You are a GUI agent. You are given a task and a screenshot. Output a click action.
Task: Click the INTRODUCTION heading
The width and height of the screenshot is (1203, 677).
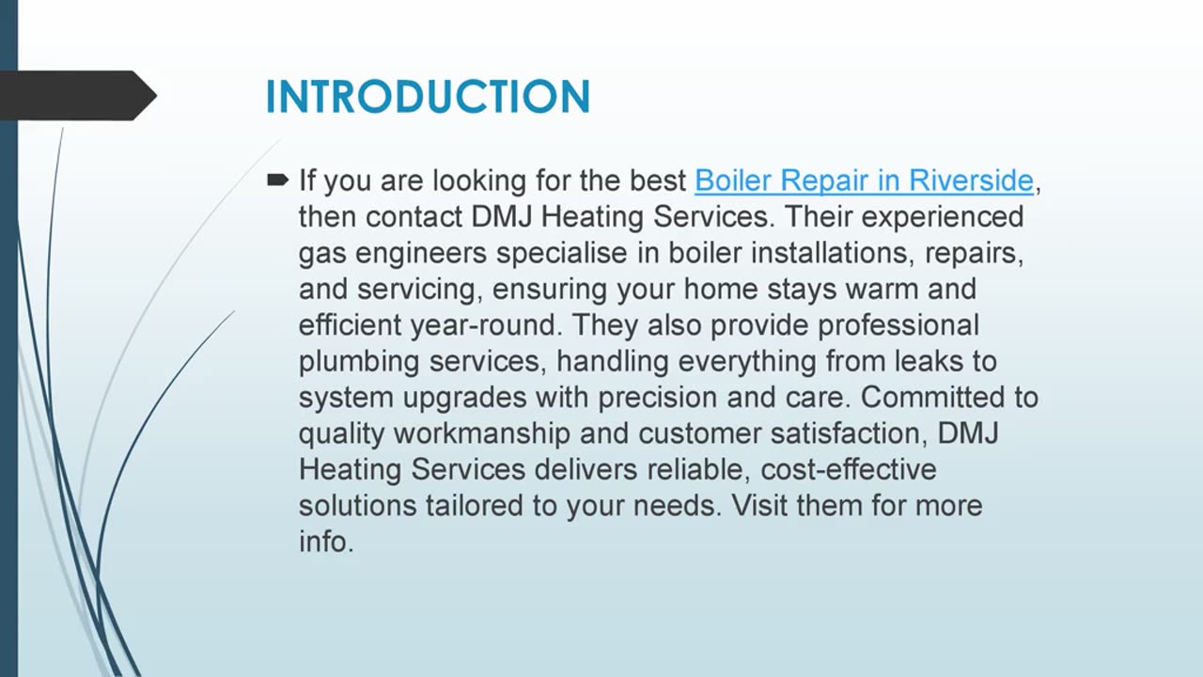tap(428, 97)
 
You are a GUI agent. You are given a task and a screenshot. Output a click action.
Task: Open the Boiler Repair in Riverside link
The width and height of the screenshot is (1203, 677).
tap(864, 180)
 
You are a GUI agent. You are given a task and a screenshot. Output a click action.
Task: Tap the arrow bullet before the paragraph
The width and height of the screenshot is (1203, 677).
tap(278, 179)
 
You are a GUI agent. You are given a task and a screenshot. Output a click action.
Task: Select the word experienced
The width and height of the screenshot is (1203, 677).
tap(942, 216)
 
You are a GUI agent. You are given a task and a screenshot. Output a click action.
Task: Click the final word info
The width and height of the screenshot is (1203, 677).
tap(325, 542)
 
